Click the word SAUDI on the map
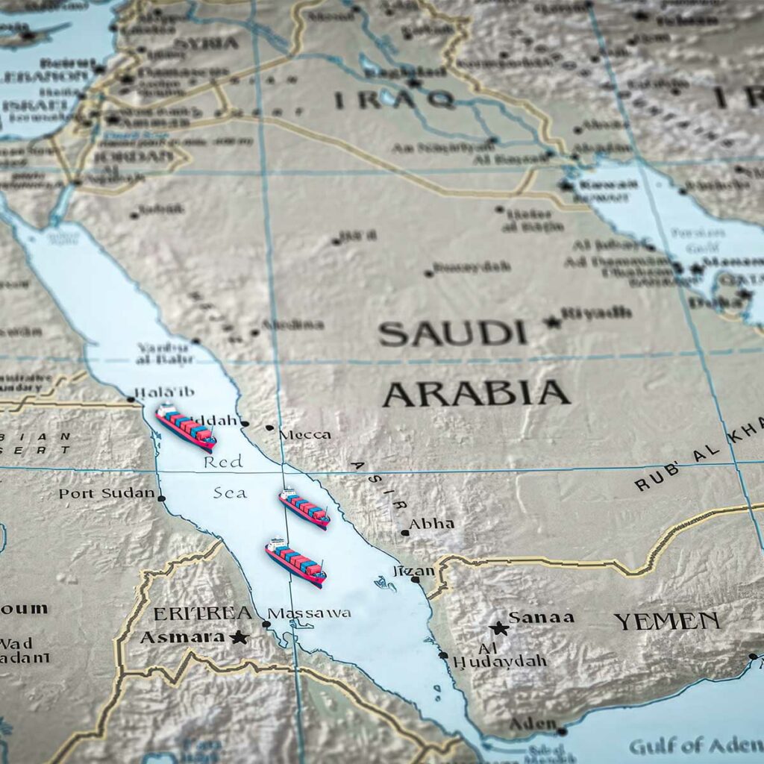pos(452,334)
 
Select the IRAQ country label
pos(394,98)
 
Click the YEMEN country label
pos(667,621)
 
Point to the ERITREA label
pos(202,613)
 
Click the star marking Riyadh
pos(553,322)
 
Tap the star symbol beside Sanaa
pos(499,628)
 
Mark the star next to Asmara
pos(239,637)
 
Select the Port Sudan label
pos(107,494)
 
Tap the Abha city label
pos(432,524)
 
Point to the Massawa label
pos(309,613)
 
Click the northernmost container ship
pos(186,428)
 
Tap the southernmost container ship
pos(295,562)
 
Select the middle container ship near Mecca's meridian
pos(304,509)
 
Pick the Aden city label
pos(533,724)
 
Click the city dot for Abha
pos(404,533)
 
